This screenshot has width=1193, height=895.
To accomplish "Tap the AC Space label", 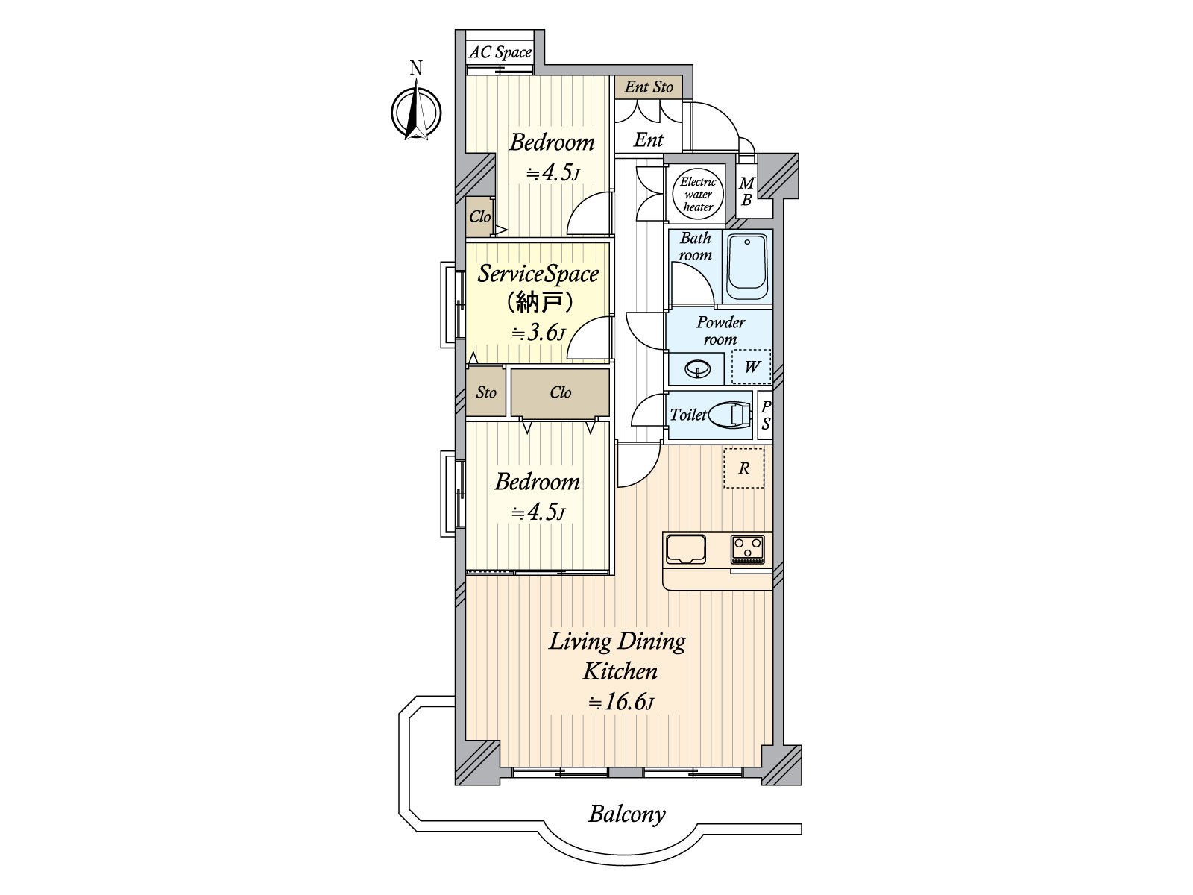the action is [500, 53].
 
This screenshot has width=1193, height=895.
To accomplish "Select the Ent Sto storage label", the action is [649, 87].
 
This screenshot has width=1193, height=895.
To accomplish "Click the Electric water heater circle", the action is [698, 195].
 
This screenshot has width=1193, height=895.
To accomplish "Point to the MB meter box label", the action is [747, 192].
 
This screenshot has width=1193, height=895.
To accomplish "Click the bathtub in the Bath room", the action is [747, 267].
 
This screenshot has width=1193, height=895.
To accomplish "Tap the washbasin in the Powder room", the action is [698, 370].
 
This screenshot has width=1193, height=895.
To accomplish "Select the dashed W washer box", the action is [751, 367].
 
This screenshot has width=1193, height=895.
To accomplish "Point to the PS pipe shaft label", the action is [765, 415].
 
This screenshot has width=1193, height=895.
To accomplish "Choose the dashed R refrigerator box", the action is [744, 468].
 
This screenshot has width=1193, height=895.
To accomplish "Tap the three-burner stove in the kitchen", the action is [747, 550].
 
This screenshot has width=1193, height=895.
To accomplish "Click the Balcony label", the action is [626, 814].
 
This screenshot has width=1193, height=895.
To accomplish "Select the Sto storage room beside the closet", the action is [486, 392].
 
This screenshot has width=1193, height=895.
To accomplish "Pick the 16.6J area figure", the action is [621, 702].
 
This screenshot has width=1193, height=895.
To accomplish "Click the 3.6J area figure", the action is [538, 333].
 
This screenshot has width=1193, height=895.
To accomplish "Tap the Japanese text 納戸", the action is [538, 303].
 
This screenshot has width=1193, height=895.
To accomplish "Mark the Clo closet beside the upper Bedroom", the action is [480, 217].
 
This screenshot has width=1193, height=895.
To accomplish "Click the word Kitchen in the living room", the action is [620, 672].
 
